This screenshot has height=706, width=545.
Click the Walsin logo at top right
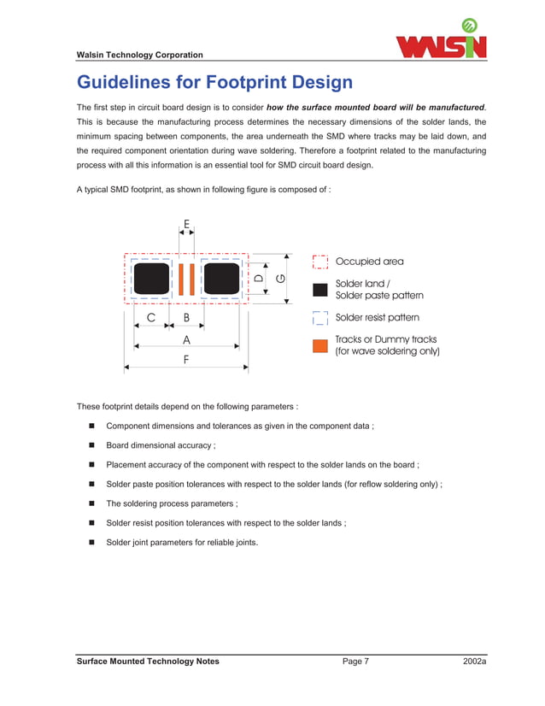coord(441,40)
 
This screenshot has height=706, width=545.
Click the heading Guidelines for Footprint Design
coord(214,83)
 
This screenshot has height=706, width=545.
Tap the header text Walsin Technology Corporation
coord(140,56)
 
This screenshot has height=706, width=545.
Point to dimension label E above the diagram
coord(186,223)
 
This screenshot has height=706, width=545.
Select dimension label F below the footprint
coord(186,360)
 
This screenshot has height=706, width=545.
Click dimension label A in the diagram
coord(186,339)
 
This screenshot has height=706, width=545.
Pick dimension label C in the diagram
coord(151,317)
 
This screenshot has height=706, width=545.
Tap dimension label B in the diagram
coord(186,317)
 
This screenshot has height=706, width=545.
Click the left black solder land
coord(152,279)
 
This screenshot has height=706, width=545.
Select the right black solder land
coord(220,279)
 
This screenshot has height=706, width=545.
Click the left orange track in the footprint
coord(181,279)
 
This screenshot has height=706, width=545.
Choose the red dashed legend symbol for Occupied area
coord(320,262)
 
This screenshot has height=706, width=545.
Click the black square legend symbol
coord(320,289)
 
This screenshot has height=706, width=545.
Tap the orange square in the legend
coord(320,345)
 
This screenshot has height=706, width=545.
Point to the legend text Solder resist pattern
coord(377,318)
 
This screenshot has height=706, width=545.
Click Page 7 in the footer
coord(355,662)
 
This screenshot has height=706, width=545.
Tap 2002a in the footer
coord(474,662)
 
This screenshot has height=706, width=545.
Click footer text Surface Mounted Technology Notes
coord(148,662)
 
